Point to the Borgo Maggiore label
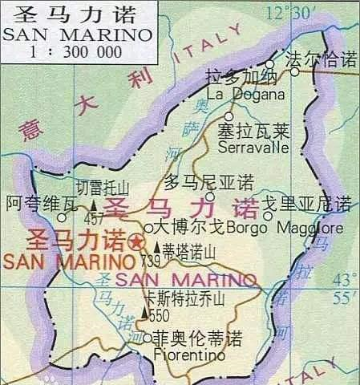coord(285,229)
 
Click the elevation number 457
coord(95,219)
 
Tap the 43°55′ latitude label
coord(343,289)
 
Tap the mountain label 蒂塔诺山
coord(189,250)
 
